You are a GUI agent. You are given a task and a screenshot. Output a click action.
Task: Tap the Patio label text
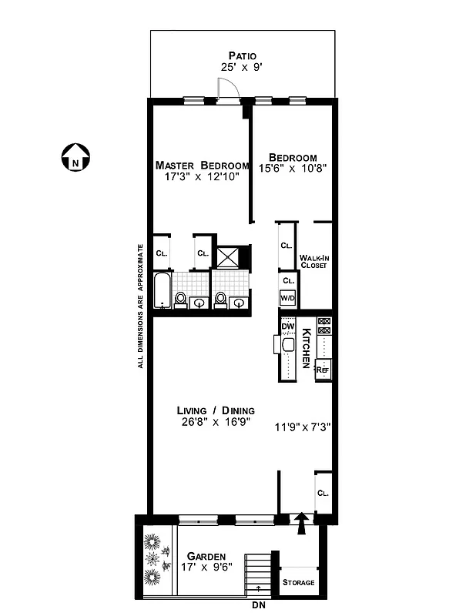click(242, 55)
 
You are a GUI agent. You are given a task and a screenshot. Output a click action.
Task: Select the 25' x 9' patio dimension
click(242, 67)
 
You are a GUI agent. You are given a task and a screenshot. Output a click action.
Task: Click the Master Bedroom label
click(202, 166)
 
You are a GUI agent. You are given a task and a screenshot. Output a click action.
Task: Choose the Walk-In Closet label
click(313, 261)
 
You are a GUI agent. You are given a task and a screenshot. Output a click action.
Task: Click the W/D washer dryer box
click(287, 298)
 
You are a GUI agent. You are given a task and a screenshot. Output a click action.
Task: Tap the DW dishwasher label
click(288, 326)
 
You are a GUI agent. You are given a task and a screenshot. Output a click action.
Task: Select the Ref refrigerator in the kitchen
click(323, 370)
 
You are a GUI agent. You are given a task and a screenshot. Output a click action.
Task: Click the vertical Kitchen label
click(306, 347)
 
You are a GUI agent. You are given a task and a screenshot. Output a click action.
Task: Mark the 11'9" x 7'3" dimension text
click(303, 427)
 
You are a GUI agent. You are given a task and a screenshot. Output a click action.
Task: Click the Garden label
click(206, 556)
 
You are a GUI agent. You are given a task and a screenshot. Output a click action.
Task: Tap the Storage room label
click(298, 583)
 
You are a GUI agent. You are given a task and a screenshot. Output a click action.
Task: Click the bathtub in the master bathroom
click(162, 290)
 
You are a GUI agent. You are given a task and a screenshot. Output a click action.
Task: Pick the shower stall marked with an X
click(228, 257)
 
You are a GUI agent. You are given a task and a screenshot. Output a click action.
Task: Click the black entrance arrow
click(302, 522)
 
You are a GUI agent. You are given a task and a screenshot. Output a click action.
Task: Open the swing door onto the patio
click(228, 92)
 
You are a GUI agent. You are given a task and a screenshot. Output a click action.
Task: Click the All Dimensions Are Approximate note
click(141, 306)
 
